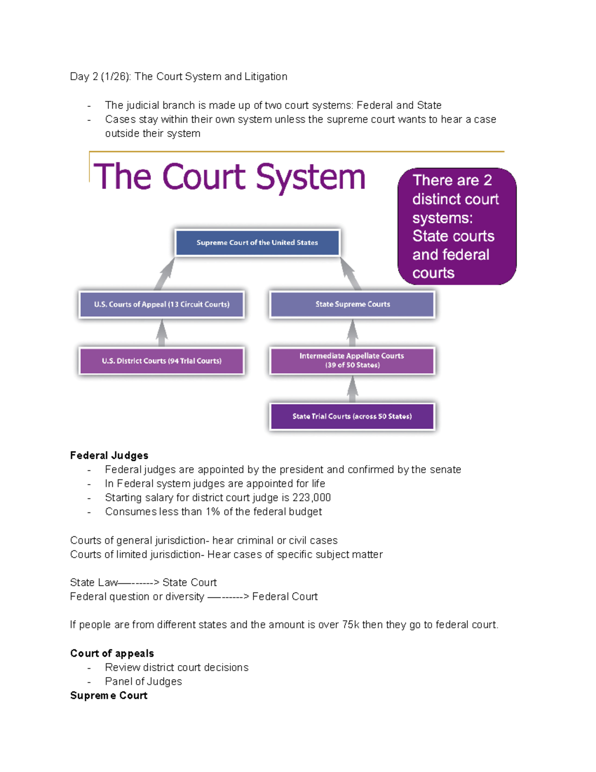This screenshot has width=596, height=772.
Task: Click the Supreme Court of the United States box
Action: pos(257,243)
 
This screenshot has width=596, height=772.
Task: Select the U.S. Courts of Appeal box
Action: pos(161,304)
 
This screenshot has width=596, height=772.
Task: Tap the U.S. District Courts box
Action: pos(161,361)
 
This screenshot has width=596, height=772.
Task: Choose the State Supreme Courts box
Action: pos(352,304)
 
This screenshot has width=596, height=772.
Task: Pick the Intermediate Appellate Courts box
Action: pos(352,360)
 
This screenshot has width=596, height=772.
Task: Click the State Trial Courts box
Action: pos(352,417)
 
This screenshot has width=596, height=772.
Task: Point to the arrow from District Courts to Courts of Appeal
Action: pos(161,333)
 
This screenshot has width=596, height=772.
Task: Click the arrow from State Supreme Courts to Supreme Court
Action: pos(351,273)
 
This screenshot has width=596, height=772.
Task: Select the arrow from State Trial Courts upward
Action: pos(352,389)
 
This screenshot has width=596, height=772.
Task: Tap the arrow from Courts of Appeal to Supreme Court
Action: pos(165,273)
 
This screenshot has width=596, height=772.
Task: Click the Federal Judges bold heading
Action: pos(109,455)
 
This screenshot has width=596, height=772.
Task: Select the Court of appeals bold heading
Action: pos(112,653)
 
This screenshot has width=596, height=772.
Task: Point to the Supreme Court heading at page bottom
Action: pos(109,695)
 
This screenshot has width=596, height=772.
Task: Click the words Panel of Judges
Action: pos(143,682)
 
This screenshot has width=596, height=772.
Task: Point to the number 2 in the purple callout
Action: pos(487,180)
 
